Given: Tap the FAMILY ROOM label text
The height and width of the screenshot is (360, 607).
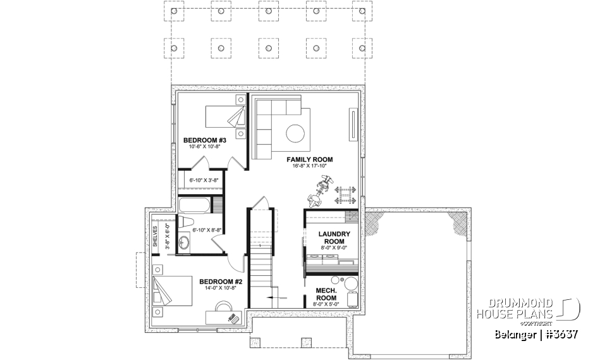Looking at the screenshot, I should click(309, 159).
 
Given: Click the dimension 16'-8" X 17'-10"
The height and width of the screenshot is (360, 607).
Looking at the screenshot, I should click(309, 166).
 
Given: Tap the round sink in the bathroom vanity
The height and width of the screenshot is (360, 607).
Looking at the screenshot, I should click(184, 244).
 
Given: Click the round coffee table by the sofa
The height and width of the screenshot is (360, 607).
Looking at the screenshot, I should click(295, 133).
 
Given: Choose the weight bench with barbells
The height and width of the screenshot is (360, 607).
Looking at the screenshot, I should click(345, 193).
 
